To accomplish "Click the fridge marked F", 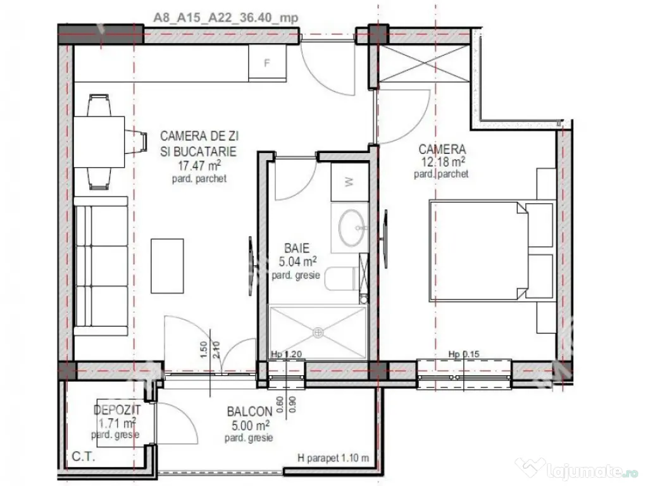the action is coord(267,63).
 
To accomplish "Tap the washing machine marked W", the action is coord(349,182).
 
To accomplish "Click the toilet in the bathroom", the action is coord(341,279).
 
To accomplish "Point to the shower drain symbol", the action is coord(318,332).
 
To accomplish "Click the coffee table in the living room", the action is coord(167,266).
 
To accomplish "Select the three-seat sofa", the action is coord(101,266).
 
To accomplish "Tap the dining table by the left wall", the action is coord(99,142).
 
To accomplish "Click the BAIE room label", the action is coord(297,248).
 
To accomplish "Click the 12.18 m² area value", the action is coord(442,161).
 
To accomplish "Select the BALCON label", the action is coord(249,411).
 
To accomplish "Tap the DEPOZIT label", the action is coord(117,410).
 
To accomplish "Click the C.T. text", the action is coord(84,457).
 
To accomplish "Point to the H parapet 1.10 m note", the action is coord(333,458).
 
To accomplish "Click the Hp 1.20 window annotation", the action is coord(287,354).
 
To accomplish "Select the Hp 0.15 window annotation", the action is coord(464,354).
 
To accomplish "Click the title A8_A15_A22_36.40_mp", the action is coord(226,18).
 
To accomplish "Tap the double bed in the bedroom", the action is coord(491,251).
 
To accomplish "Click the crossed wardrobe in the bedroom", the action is coord(425,64).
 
